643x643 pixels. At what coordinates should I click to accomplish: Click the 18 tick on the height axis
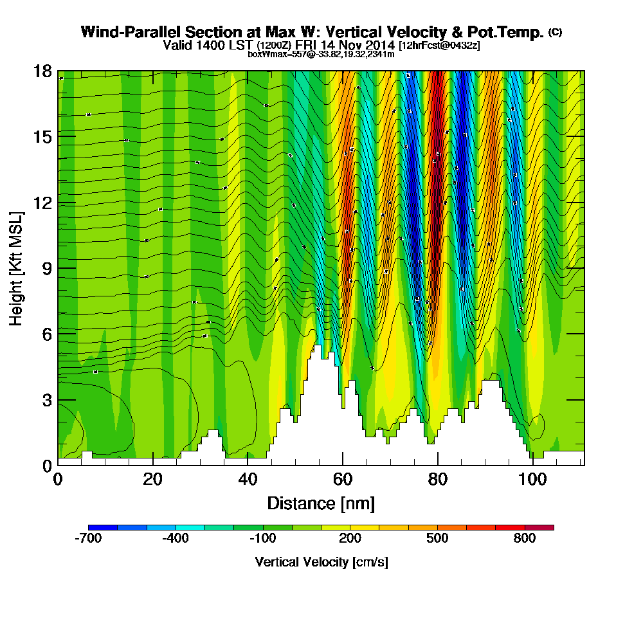43,71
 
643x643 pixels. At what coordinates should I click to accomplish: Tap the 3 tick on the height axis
46,400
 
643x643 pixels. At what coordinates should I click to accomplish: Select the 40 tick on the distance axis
248,480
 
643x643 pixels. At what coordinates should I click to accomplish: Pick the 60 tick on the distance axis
343,480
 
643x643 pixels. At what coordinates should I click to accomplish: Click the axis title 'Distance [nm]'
321,503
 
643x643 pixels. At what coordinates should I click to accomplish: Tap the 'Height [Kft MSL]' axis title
16,268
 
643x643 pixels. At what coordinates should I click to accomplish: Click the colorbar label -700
88,539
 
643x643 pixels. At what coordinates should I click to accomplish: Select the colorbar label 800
525,539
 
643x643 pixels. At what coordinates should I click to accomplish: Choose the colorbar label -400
176,539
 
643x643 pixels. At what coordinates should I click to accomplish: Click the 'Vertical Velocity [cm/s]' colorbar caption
321,562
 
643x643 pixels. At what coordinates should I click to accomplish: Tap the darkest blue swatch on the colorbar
102,527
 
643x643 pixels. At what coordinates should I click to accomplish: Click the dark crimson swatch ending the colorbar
539,527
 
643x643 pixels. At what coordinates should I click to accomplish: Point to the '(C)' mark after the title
555,32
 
